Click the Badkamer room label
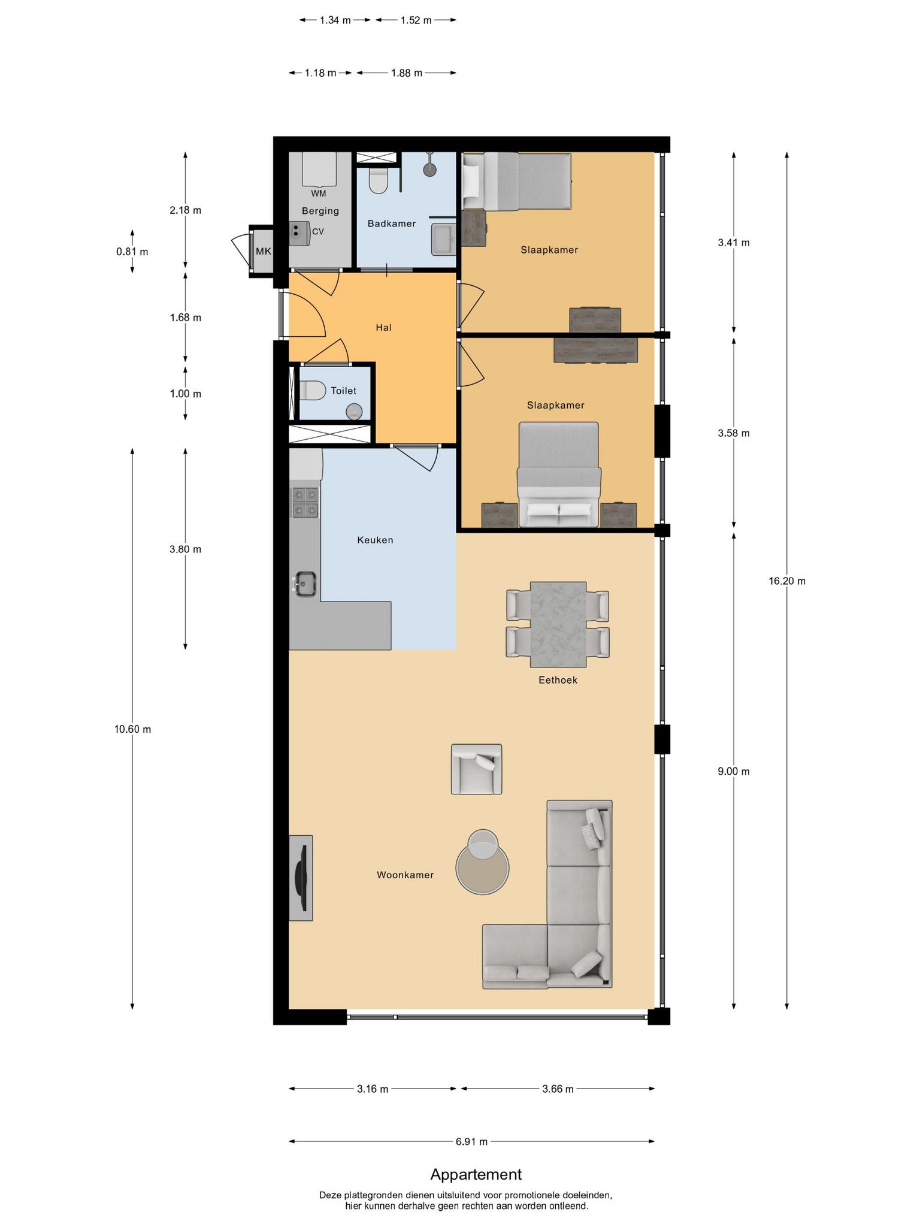coord(392,223)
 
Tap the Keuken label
coord(375,540)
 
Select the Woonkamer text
coord(405,875)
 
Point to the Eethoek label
coord(558,680)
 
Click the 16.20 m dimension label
coord(787,581)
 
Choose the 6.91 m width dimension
coord(471,1141)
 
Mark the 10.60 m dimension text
coord(132,729)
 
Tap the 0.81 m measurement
coord(132,252)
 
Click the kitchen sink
coord(304,584)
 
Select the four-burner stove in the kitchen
coord(305,502)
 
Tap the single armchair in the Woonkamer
coord(476,769)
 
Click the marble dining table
coord(558,624)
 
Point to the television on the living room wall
coord(301,878)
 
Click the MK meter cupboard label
coord(264,251)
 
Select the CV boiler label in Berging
coord(318,231)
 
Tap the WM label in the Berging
coord(319,194)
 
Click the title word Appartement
coord(476,1175)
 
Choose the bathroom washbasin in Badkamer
coord(444,238)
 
